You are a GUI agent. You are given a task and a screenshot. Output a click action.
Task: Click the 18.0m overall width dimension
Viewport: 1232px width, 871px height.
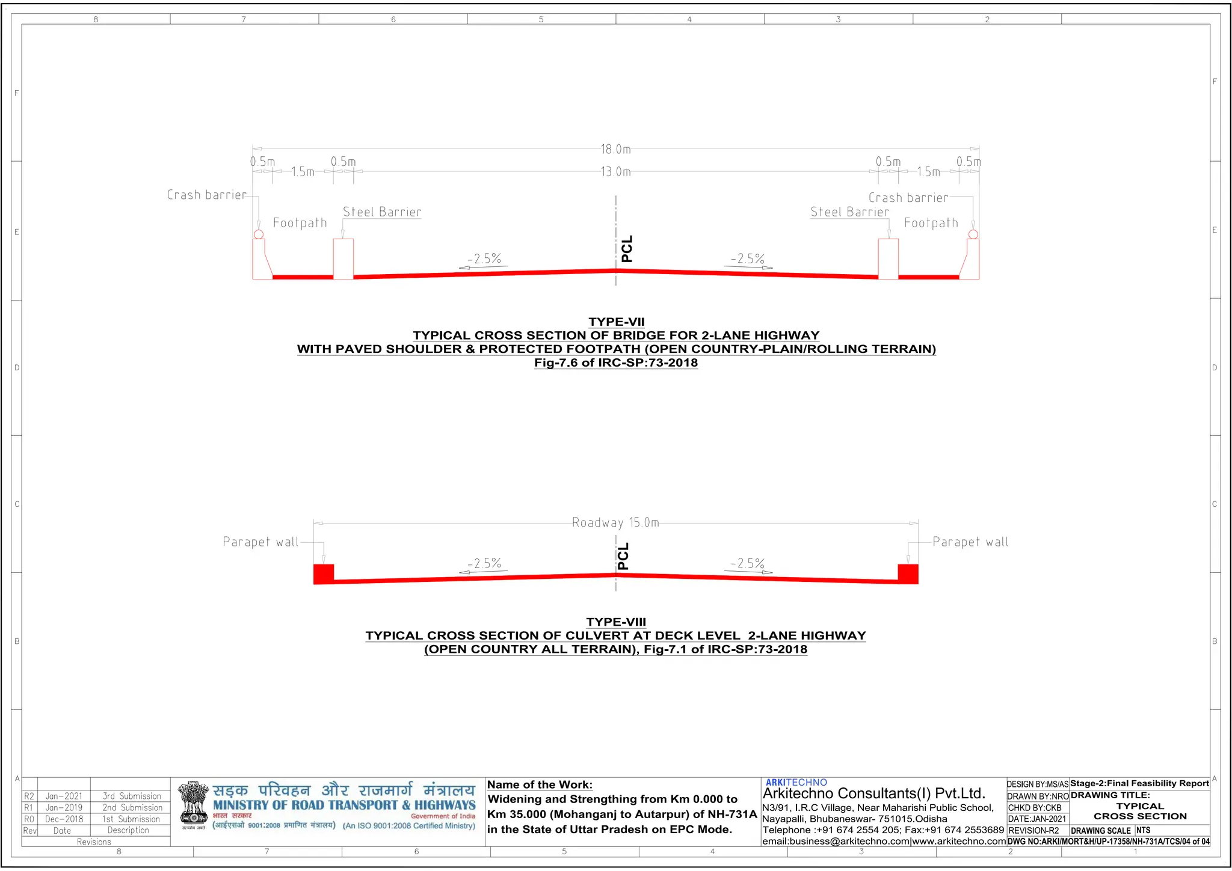click(615, 149)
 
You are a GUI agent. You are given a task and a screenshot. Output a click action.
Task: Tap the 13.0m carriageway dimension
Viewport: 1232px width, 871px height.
click(615, 172)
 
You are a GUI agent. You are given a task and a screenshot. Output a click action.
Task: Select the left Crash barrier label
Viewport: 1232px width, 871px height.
click(206, 195)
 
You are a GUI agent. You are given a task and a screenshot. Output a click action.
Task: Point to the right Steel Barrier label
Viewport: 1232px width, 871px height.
click(849, 212)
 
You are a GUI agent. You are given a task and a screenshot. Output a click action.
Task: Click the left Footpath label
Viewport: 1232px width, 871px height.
click(300, 223)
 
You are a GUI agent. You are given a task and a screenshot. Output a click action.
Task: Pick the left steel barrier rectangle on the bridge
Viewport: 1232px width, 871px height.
click(343, 259)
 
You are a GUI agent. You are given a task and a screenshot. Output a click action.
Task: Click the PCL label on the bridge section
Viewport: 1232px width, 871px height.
click(627, 249)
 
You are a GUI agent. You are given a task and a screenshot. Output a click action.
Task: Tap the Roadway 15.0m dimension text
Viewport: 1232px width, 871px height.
click(615, 522)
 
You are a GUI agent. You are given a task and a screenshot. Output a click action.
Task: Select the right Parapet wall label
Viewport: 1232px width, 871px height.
click(970, 542)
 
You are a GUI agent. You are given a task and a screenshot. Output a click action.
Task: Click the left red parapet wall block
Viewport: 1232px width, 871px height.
click(323, 573)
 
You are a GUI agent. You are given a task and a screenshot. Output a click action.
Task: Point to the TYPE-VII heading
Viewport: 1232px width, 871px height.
click(616, 322)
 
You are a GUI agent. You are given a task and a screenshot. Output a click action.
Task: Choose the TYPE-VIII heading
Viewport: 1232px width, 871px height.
click(616, 622)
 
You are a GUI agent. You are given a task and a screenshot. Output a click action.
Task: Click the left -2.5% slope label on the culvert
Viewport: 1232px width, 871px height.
click(484, 564)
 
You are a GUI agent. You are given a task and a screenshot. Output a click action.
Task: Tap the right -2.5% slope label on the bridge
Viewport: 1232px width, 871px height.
click(748, 259)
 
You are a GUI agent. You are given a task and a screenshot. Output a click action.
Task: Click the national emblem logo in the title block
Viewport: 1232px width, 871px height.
click(193, 804)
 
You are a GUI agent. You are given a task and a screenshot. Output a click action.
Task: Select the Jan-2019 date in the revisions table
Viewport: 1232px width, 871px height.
click(64, 808)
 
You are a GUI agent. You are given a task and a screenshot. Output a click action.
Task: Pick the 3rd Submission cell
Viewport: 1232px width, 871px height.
click(132, 796)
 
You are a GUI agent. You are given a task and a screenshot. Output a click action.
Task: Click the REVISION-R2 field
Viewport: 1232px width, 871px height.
click(1033, 831)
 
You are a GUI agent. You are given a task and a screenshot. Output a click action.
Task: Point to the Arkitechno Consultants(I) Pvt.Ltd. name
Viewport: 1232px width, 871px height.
click(873, 793)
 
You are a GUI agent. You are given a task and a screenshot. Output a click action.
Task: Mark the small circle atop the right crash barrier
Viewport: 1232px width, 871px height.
click(973, 234)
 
